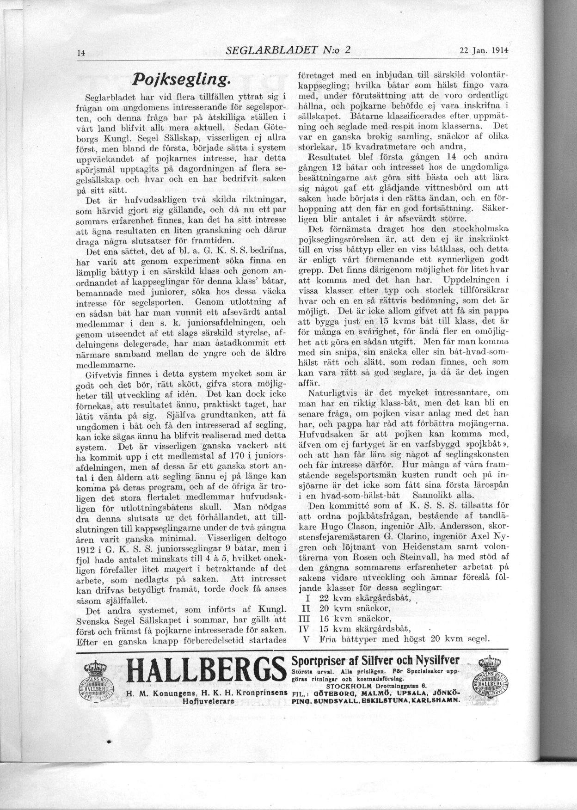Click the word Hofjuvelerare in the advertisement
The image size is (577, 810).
(x=208, y=701)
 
